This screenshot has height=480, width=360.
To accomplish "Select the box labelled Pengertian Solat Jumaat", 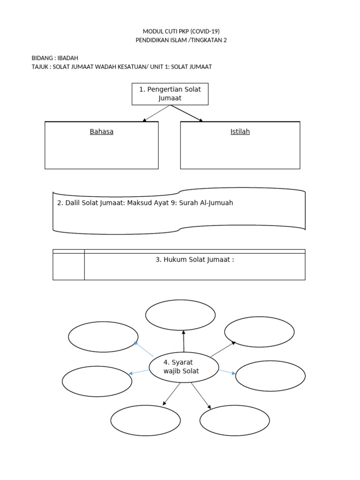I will [x=170, y=94].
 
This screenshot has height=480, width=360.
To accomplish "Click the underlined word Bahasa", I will [x=101, y=132].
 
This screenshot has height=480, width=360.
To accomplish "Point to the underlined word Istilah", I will [x=240, y=132].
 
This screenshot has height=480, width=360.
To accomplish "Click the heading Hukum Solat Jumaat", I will [x=195, y=260].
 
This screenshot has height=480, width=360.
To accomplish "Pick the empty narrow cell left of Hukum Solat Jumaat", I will [x=68, y=266].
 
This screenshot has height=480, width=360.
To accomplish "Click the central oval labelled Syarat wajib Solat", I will [x=184, y=367].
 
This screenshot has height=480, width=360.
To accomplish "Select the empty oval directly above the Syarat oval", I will [x=180, y=315].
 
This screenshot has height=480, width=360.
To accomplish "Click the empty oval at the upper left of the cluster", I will [x=103, y=337].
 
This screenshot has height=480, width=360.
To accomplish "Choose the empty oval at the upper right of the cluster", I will [x=259, y=332].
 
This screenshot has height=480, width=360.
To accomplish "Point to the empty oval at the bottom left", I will [x=145, y=420].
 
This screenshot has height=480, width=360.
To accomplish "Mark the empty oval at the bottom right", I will [x=235, y=420].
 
